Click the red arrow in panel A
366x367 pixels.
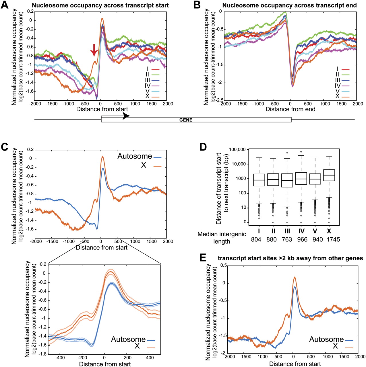94,51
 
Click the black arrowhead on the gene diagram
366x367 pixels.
126,116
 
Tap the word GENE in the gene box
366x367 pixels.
186,120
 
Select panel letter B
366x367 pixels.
197,5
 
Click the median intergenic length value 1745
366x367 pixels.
333,239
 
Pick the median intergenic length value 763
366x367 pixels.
287,239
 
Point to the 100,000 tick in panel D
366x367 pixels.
237,149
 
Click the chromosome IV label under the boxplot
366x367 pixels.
301,231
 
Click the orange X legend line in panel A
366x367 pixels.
155,97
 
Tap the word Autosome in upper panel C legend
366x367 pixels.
135,156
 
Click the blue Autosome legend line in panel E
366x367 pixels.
349,340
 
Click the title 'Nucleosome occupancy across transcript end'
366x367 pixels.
289,5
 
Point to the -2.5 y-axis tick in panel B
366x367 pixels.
219,100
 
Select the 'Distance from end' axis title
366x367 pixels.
290,109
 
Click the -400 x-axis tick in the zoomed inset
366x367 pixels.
60,358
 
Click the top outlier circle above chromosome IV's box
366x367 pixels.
301,152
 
